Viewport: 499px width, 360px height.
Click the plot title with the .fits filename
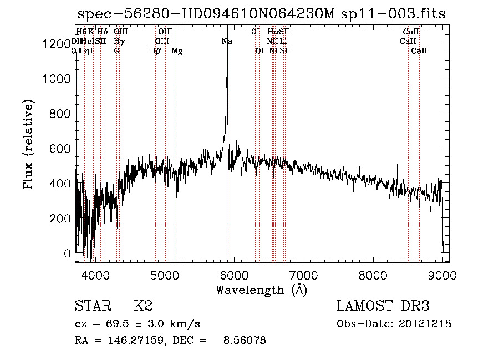tap(261, 13)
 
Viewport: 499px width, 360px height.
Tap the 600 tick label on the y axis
tap(60, 149)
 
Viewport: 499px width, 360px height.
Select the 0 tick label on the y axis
tap(68, 253)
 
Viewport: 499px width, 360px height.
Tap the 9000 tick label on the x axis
tap(442, 275)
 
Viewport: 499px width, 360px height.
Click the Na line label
tap(227, 42)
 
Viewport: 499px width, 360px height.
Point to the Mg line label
tap(177, 51)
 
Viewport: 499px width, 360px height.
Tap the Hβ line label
tap(155, 51)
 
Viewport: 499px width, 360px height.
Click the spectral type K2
tap(143, 306)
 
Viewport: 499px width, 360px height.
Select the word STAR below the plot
tap(92, 306)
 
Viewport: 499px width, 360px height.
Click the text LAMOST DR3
tap(383, 306)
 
